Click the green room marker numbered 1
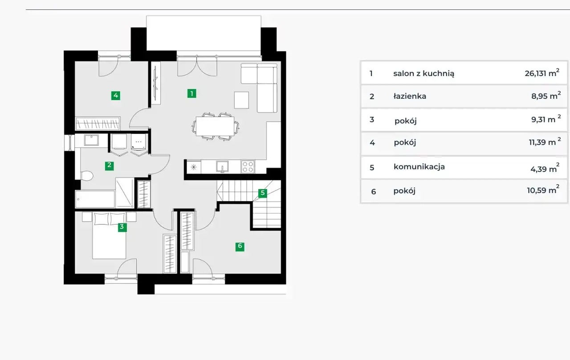pos(191,93)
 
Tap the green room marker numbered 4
pos(116,96)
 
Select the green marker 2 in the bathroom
pos(110,166)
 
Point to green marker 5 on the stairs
pos(263,193)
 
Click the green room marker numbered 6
pos(240,247)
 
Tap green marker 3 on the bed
pos(122,227)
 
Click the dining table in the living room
pos(215,126)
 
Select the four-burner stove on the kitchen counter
pos(248,167)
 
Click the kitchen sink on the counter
pos(222,167)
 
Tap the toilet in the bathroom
pos(86,176)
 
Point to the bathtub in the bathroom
pos(95,199)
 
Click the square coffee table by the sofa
pos(241,100)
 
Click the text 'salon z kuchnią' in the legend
pos(423,73)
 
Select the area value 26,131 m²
pos(542,73)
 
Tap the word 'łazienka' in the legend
pos(410,96)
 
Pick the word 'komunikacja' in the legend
pos(419,167)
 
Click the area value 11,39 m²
pos(545,142)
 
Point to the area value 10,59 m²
pos(543,190)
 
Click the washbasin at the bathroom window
pos(91,140)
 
